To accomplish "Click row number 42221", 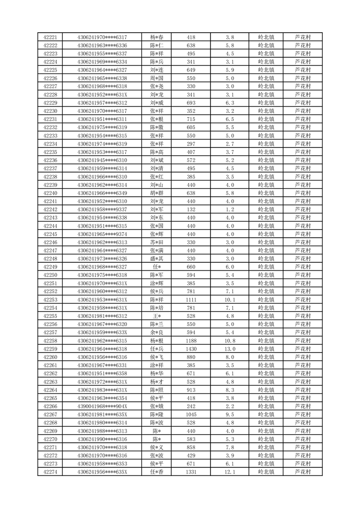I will coord(50,37).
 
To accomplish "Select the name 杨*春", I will coord(157,37).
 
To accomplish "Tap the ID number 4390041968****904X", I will coord(102,406).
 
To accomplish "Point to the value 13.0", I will coord(230,349).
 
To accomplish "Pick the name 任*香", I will coord(157,472).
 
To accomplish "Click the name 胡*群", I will coord(157,193).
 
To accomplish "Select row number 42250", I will coord(50,275).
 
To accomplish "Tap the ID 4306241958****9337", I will coord(102,210).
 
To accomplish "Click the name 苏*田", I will coord(157,242).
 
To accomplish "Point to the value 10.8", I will coord(230,341).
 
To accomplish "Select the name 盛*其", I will coord(157,259).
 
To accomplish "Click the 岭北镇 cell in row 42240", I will coord(266,193).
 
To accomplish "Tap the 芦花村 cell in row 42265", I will coord(302,398).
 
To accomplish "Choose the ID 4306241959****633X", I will coord(102,333).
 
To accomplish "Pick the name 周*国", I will coord(157,78).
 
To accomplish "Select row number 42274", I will coord(50,472).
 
